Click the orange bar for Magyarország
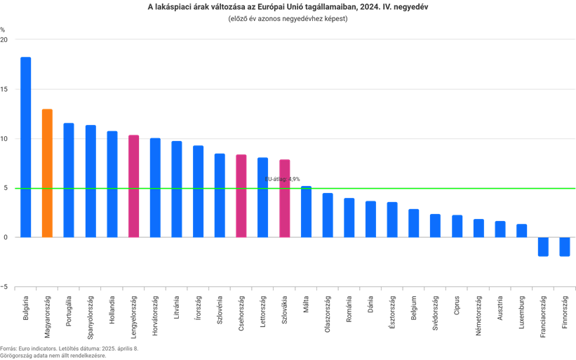[47, 173]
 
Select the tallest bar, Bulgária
[26, 147]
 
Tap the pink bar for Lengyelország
[133, 186]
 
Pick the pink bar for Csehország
[241, 196]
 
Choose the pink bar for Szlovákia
[284, 199]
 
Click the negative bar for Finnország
[564, 247]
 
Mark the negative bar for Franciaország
[542, 247]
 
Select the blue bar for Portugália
[69, 180]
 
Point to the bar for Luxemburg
[521, 231]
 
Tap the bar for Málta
[306, 211]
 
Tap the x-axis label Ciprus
[457, 309]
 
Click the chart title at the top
[288, 7]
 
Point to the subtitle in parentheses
[288, 19]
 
